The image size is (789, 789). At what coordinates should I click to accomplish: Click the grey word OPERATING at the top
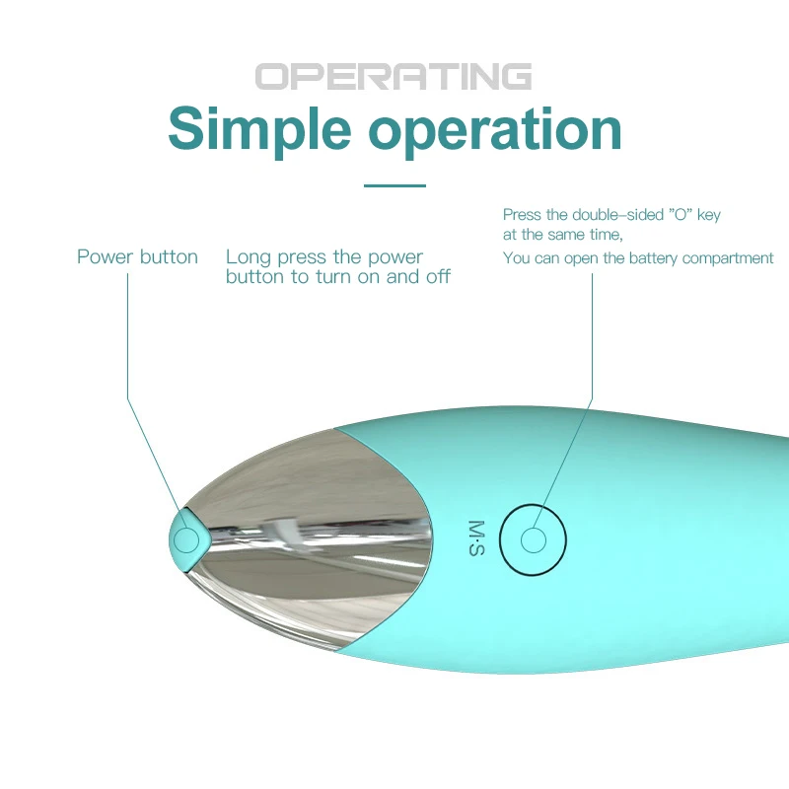(394, 76)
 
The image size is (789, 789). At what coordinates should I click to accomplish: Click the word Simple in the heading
(259, 128)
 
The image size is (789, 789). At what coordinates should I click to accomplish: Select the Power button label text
(137, 257)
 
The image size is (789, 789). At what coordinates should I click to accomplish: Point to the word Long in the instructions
(249, 257)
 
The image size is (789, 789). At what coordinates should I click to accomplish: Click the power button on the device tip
(184, 538)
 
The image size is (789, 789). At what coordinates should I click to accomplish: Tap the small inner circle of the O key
(534, 540)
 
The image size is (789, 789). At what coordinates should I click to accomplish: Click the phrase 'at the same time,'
(562, 235)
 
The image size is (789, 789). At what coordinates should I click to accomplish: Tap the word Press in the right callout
(521, 214)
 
